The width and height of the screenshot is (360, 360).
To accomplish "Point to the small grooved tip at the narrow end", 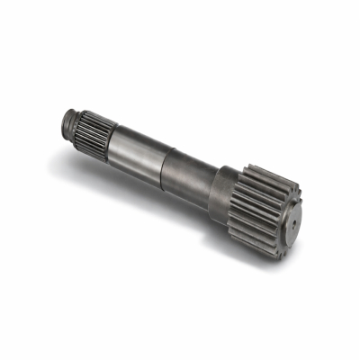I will coord(71,118).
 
